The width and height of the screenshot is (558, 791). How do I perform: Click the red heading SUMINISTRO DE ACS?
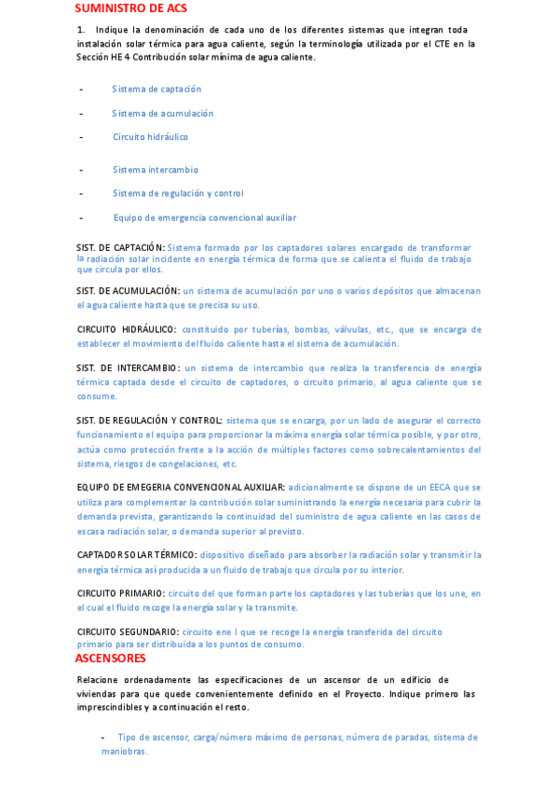129,7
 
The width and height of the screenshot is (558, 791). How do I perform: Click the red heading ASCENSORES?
111,658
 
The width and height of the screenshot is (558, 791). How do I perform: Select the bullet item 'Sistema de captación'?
157,90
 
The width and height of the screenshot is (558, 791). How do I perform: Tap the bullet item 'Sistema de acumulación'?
163,113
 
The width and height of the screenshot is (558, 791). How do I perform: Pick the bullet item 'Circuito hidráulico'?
151,137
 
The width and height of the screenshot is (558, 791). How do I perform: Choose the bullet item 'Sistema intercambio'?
156,170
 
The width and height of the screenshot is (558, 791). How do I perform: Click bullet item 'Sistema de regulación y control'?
179,193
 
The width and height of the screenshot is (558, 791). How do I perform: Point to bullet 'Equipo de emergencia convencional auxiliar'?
205,217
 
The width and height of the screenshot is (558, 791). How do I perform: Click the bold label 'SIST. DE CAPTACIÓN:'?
120,247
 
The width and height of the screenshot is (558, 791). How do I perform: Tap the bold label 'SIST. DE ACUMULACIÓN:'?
128,291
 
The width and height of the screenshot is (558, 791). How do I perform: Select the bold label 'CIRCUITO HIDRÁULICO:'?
126,329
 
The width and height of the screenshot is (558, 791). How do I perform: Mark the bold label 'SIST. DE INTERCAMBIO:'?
128,368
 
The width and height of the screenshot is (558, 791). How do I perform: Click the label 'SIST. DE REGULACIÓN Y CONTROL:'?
149,421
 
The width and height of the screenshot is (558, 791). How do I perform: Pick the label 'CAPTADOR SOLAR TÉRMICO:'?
136,555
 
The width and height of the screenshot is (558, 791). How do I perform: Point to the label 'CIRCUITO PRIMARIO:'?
120,593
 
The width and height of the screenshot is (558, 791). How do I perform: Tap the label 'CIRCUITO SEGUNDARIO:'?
127,631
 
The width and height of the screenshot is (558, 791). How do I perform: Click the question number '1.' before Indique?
82,31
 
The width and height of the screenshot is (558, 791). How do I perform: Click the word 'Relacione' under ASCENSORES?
98,680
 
